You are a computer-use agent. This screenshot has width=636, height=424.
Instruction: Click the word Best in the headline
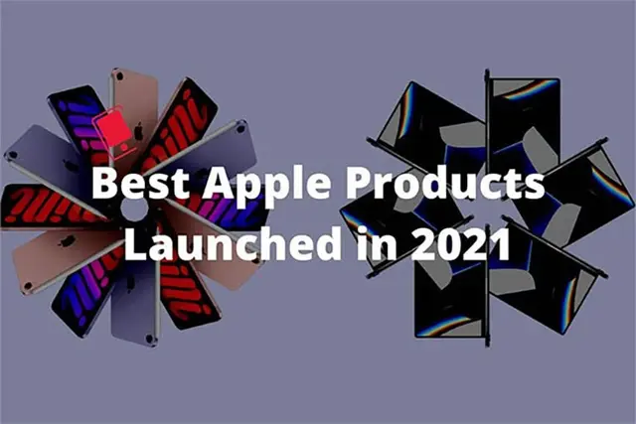point(141,183)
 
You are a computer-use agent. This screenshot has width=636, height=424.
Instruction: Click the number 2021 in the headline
point(460,243)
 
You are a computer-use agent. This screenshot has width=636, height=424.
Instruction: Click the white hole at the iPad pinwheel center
point(134,209)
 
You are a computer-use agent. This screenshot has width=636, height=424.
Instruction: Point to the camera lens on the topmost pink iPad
point(119,76)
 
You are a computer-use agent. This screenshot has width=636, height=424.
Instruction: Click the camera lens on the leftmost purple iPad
point(12,155)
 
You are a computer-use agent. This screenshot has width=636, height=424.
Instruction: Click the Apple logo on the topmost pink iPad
point(139,130)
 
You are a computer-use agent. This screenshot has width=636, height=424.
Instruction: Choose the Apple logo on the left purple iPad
point(71,166)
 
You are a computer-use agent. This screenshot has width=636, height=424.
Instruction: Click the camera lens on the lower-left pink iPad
point(28,287)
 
